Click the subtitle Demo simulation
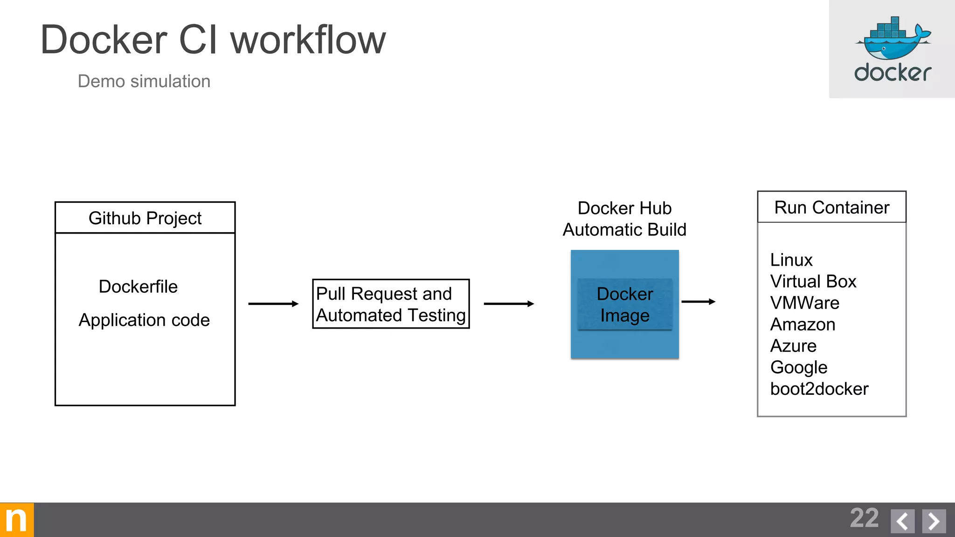point(144,81)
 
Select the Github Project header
point(145,218)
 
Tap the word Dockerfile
point(138,286)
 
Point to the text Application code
point(144,320)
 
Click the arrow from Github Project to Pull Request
point(273,304)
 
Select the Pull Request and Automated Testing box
point(391,304)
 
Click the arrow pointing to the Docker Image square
point(509,304)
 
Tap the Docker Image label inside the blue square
point(624,304)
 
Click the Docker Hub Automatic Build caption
point(624,219)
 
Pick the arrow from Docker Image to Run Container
point(698,302)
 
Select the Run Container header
point(831,207)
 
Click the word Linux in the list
point(791,260)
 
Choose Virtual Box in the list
point(813,281)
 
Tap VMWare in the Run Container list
point(804,303)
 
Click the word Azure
point(793,345)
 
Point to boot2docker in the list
point(819,389)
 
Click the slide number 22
point(864,518)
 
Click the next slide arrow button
point(934,521)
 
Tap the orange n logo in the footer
point(17,520)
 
